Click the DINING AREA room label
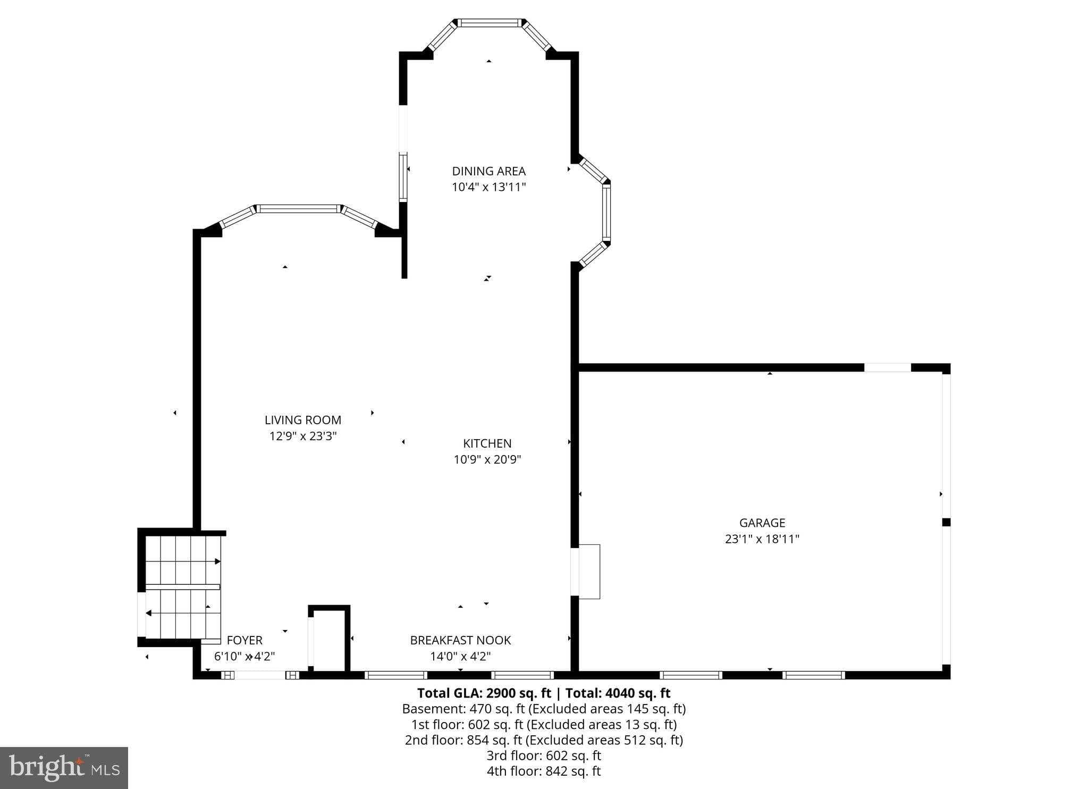[x=488, y=171]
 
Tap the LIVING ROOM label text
[x=302, y=420]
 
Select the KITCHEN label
[x=487, y=443]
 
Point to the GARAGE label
[x=762, y=523]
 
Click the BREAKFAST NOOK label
[x=460, y=640]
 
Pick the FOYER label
[x=244, y=640]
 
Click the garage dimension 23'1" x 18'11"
[x=762, y=539]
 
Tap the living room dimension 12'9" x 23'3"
[x=302, y=436]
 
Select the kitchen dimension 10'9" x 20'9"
[x=487, y=459]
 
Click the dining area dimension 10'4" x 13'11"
[x=488, y=187]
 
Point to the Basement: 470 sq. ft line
[x=543, y=709]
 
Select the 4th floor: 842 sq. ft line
[x=543, y=771]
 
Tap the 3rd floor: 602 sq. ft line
[x=543, y=756]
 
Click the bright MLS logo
[x=64, y=768]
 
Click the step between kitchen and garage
[x=589, y=572]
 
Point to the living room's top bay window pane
[x=298, y=209]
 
